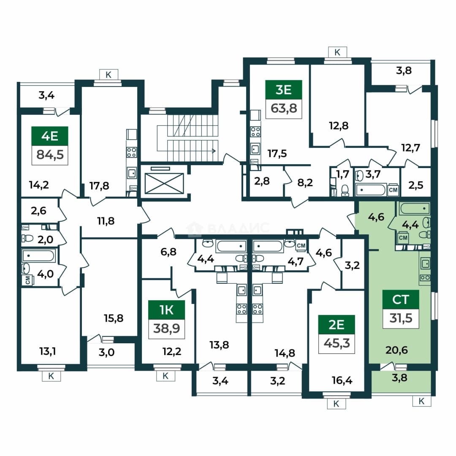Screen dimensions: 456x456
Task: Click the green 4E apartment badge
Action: pyautogui.click(x=50, y=136)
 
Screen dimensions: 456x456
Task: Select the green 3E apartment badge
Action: pyautogui.click(x=284, y=90)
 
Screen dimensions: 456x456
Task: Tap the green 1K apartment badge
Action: pyautogui.click(x=167, y=310)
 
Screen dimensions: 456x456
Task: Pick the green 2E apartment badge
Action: pyautogui.click(x=337, y=325)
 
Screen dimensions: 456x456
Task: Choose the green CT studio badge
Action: pyautogui.click(x=401, y=299)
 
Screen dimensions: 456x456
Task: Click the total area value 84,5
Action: pyautogui.click(x=50, y=155)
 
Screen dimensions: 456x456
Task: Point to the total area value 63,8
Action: pyautogui.click(x=284, y=109)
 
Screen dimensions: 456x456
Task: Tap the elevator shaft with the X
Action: pyautogui.click(x=164, y=183)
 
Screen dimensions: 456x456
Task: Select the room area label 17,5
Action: pyautogui.click(x=277, y=153)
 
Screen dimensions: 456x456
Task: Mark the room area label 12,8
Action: pyautogui.click(x=339, y=126)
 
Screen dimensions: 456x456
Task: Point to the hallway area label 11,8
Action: pyautogui.click(x=106, y=221)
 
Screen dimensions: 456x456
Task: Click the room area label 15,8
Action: pyautogui.click(x=114, y=318)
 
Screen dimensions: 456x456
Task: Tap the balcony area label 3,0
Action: pyautogui.click(x=107, y=353)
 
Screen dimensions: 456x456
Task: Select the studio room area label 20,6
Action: pyautogui.click(x=396, y=350)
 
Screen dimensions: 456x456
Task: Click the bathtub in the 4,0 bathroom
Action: pyautogui.click(x=38, y=256)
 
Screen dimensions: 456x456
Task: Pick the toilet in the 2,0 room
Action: pyautogui.click(x=27, y=239)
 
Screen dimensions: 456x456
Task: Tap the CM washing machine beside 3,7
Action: pyautogui.click(x=393, y=190)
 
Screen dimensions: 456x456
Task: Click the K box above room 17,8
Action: pyautogui.click(x=109, y=75)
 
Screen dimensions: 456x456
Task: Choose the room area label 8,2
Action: pyautogui.click(x=305, y=182)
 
